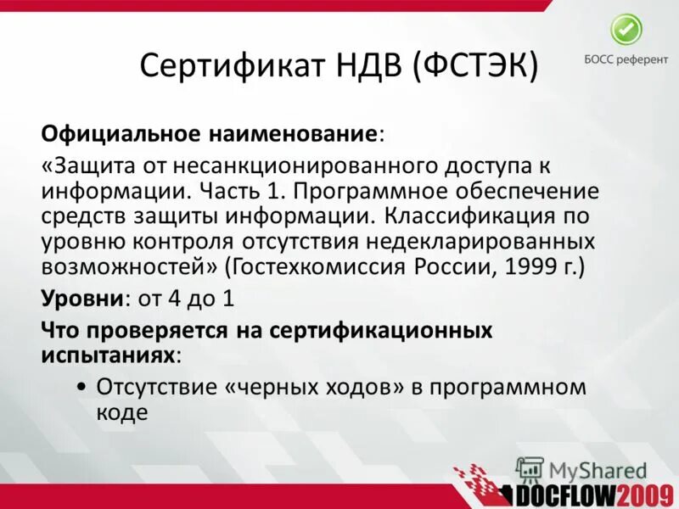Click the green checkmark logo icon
tap(627, 31)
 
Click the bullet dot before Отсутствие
tap(80, 387)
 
